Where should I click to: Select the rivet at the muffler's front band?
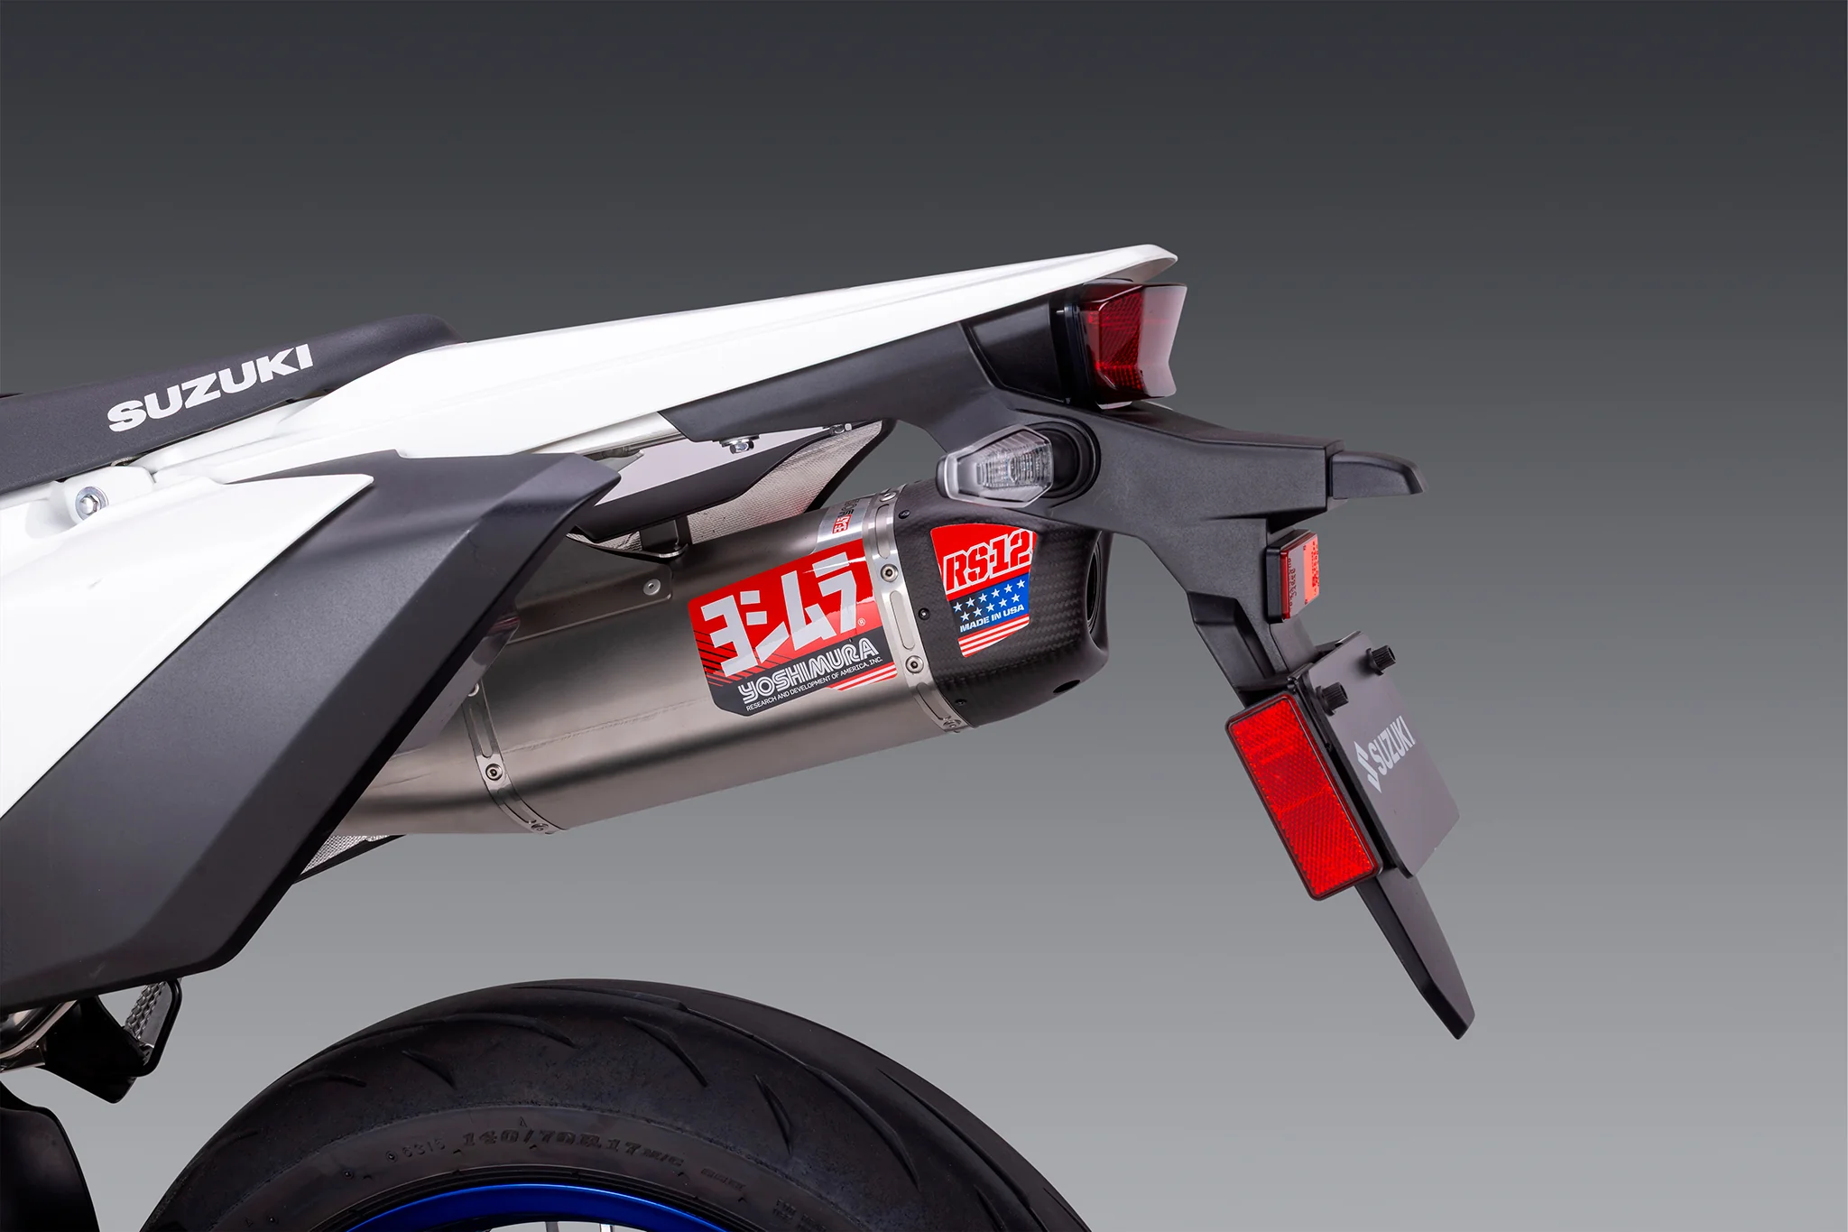coord(493,771)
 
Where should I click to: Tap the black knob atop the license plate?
coord(1381,656)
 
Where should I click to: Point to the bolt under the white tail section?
coord(740,443)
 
